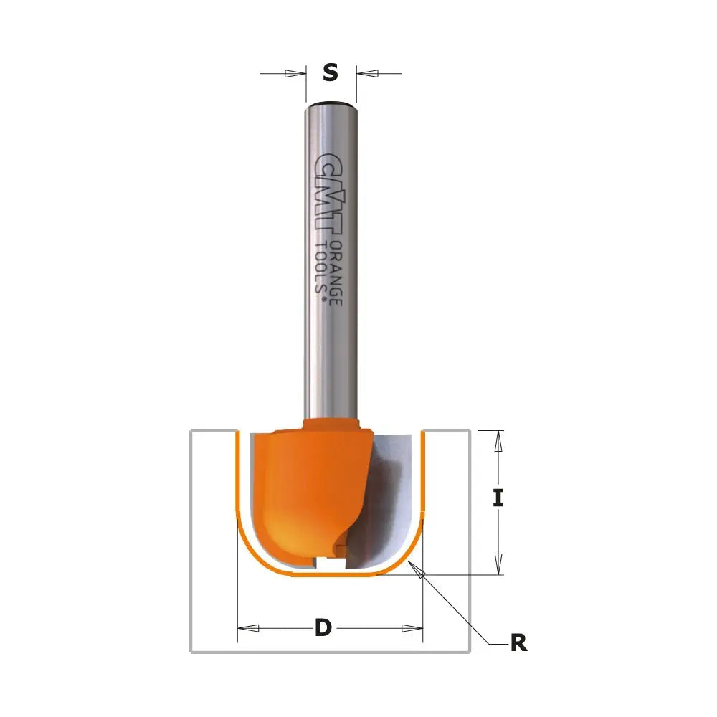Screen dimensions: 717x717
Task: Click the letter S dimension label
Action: [330, 72]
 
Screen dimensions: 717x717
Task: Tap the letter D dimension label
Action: [323, 628]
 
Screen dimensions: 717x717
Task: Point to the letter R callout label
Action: [518, 643]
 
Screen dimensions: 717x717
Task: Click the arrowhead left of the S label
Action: [295, 73]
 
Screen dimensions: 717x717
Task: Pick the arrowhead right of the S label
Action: [367, 73]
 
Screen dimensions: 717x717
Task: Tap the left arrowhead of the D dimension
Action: [248, 628]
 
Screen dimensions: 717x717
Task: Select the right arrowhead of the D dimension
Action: [412, 628]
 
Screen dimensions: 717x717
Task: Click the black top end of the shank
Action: [331, 103]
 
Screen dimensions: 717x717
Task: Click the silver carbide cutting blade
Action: [391, 502]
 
